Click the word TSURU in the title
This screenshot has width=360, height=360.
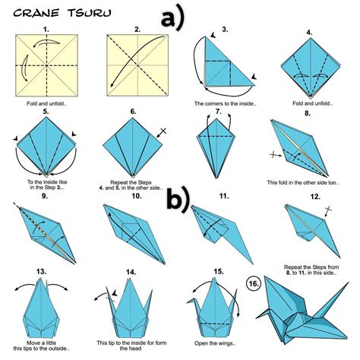pos(92,12)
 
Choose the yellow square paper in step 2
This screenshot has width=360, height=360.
pos(137,67)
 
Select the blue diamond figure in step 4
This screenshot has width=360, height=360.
pos(310,72)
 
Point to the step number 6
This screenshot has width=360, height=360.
pos(133,111)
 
